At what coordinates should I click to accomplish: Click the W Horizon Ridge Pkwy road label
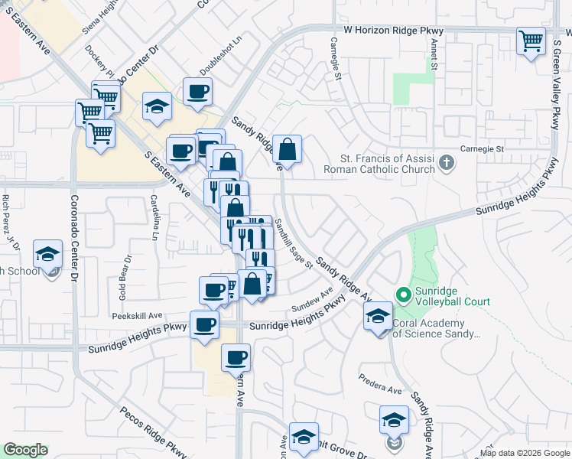click(x=393, y=31)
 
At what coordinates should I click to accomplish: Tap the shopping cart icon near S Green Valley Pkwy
click(x=530, y=41)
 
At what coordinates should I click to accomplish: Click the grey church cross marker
click(x=447, y=162)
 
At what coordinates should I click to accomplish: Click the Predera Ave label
click(x=381, y=383)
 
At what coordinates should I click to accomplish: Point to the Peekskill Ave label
click(x=139, y=315)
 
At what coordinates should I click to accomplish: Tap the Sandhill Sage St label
click(x=294, y=243)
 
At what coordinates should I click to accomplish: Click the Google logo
click(x=25, y=450)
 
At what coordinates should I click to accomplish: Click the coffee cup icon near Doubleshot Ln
click(x=197, y=92)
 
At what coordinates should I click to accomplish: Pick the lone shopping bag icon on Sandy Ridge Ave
click(x=287, y=148)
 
